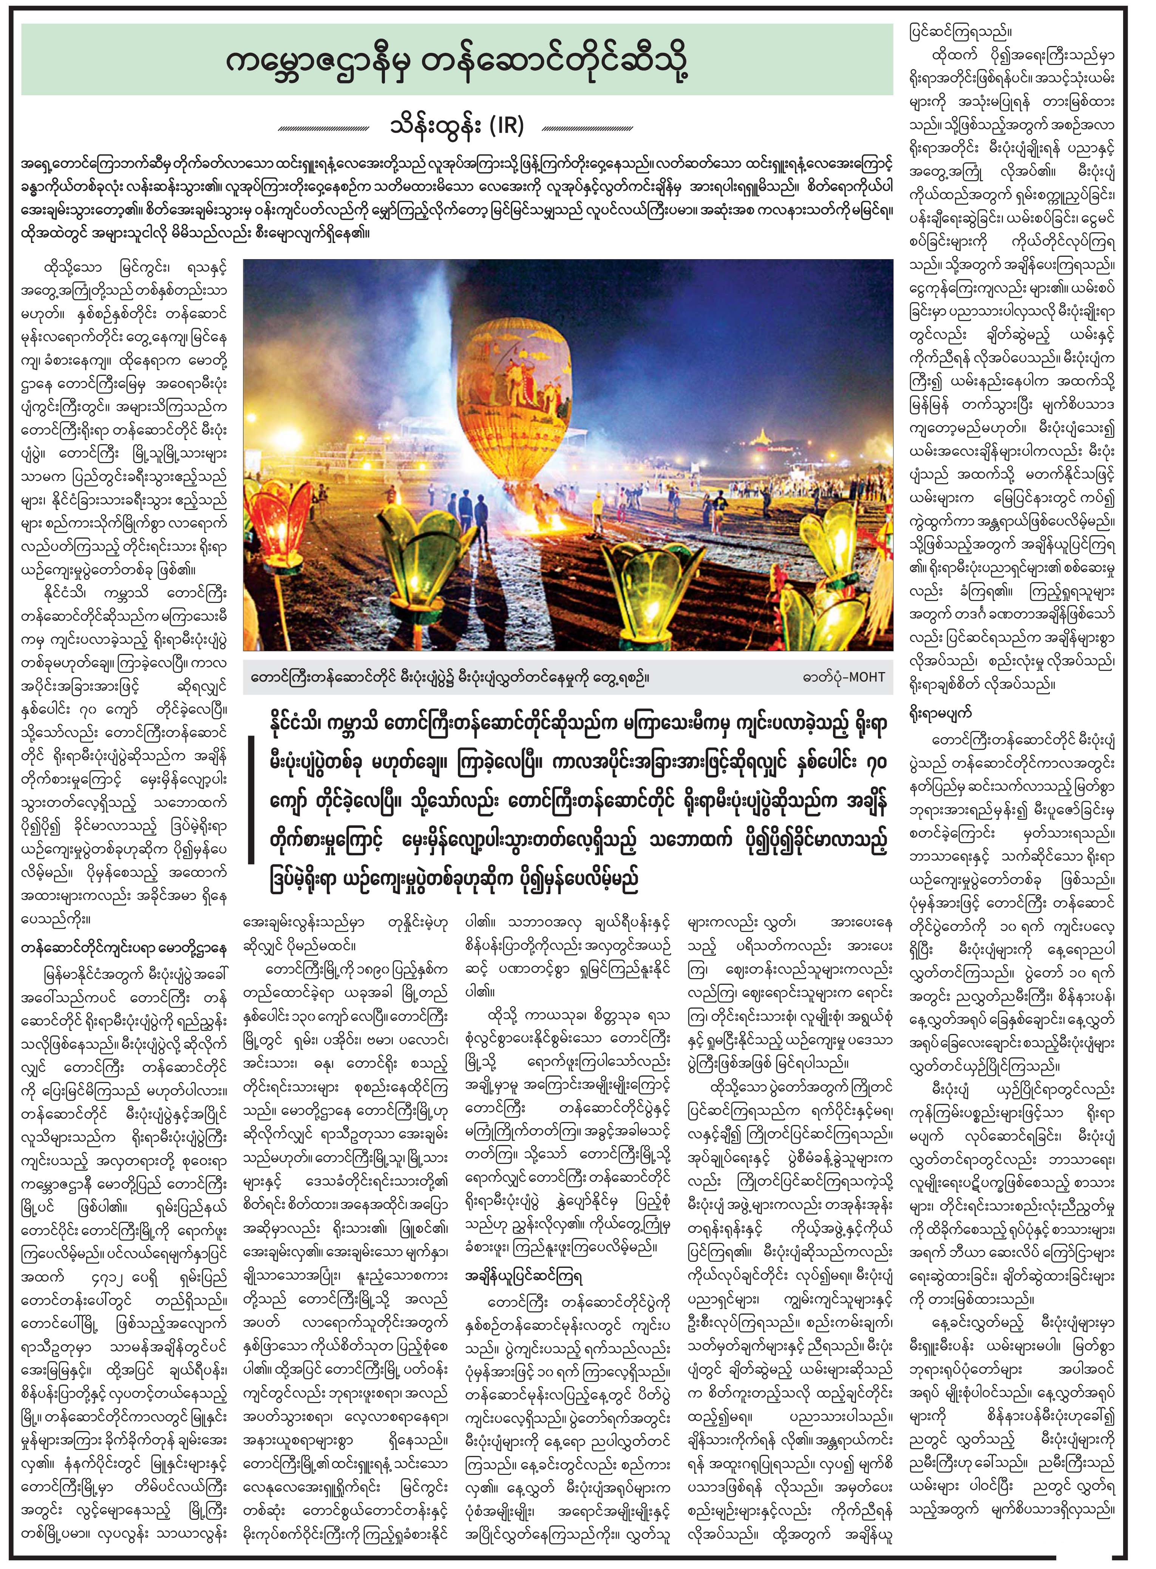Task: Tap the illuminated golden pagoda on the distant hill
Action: point(761,439)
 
